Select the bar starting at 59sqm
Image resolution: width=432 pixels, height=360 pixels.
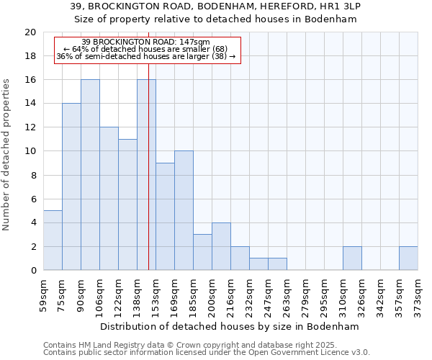tap(53, 240)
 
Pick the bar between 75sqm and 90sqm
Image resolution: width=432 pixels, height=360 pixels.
tap(71, 187)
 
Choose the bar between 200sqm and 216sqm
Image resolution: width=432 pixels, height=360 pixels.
tap(221, 246)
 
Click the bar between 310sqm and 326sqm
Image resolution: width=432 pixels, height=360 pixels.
tap(352, 258)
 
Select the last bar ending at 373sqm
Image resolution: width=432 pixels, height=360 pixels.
tap(408, 258)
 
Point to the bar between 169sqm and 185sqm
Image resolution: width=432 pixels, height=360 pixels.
tap(184, 210)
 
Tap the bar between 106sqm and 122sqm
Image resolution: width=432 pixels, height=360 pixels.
tap(109, 199)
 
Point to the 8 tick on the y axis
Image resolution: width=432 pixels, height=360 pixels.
tap(32, 175)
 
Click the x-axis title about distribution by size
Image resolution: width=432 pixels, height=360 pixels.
tap(230, 326)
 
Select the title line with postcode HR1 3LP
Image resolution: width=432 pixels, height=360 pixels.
tap(216, 6)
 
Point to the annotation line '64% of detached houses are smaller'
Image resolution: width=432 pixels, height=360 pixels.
tap(146, 49)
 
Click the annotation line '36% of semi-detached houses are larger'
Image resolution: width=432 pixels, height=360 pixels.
tap(146, 56)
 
